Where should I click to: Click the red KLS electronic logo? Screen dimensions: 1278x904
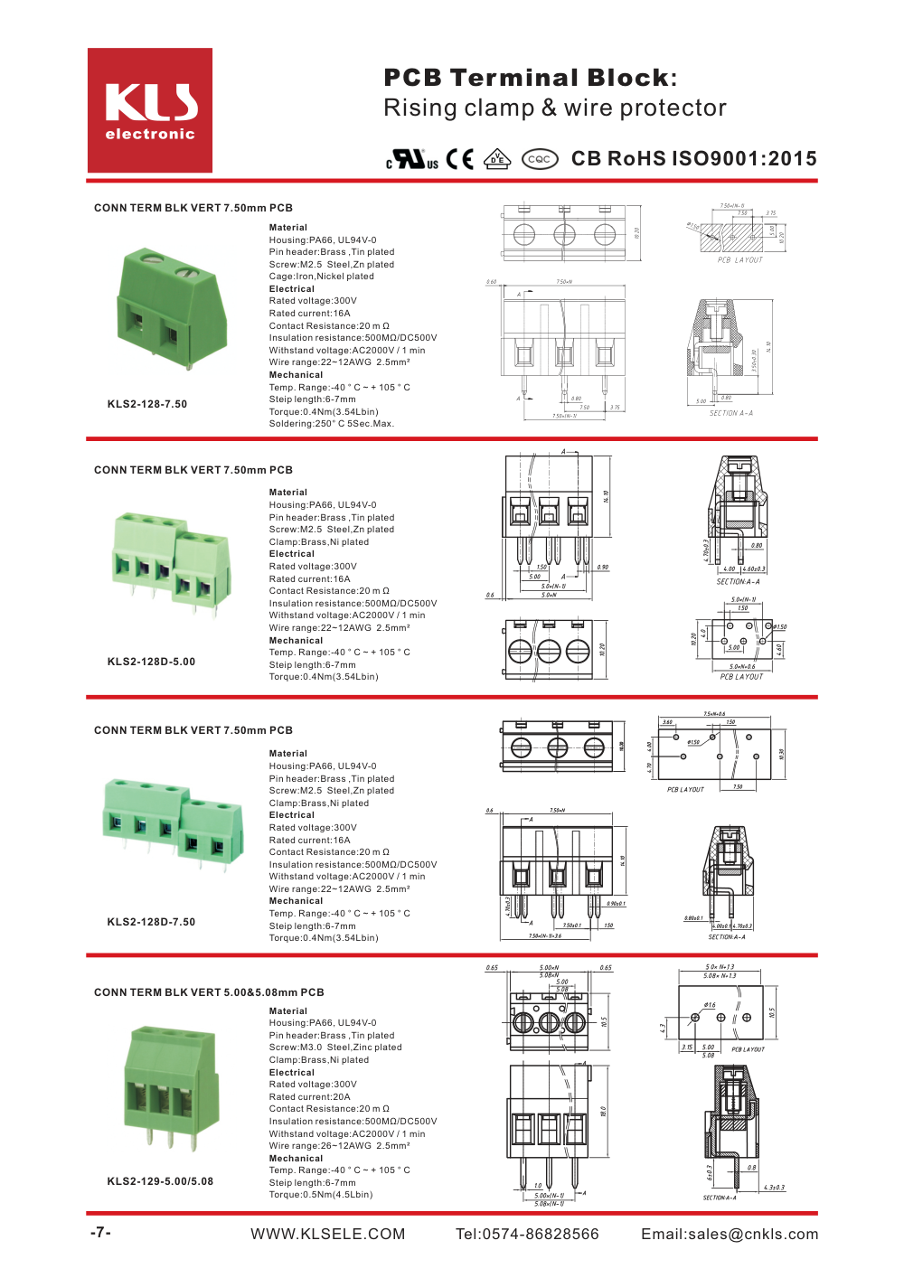coord(150,110)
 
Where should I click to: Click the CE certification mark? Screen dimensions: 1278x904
coord(460,159)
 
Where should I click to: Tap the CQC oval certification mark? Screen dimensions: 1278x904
coord(540,159)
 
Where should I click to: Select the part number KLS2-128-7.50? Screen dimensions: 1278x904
coord(147,404)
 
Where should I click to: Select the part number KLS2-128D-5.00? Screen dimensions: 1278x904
coord(151,662)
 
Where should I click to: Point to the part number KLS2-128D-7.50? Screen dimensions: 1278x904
coord(151,922)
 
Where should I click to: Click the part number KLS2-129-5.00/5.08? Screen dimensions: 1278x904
coord(160,1181)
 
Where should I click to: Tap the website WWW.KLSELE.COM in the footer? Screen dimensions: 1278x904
coord(327,1234)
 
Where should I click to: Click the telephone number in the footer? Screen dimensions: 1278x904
coord(527,1234)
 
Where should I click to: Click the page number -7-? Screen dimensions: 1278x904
coord(100,1233)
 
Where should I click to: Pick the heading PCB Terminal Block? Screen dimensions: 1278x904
coord(530,78)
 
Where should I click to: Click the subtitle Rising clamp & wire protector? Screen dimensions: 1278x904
coord(554,108)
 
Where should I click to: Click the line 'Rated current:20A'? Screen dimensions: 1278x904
coord(309,1097)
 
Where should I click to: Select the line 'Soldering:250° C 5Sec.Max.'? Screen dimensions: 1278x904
coord(331,424)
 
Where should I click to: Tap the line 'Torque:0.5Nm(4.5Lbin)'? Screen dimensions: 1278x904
coord(320,1195)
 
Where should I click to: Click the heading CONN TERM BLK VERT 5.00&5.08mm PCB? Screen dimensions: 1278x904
coord(209,992)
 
